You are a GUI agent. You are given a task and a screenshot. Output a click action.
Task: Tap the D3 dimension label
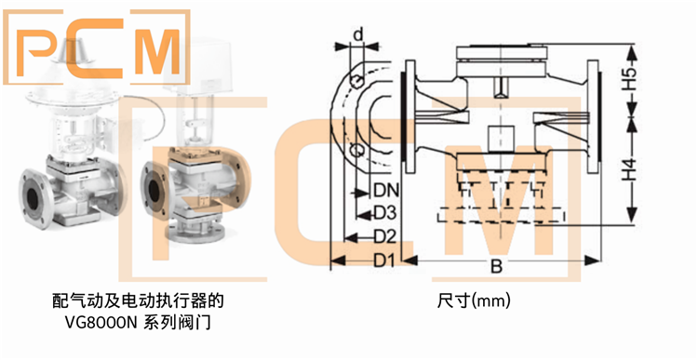386,212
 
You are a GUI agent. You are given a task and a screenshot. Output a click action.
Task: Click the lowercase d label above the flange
357,35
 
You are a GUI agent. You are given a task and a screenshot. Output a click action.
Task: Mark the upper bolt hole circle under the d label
358,83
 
